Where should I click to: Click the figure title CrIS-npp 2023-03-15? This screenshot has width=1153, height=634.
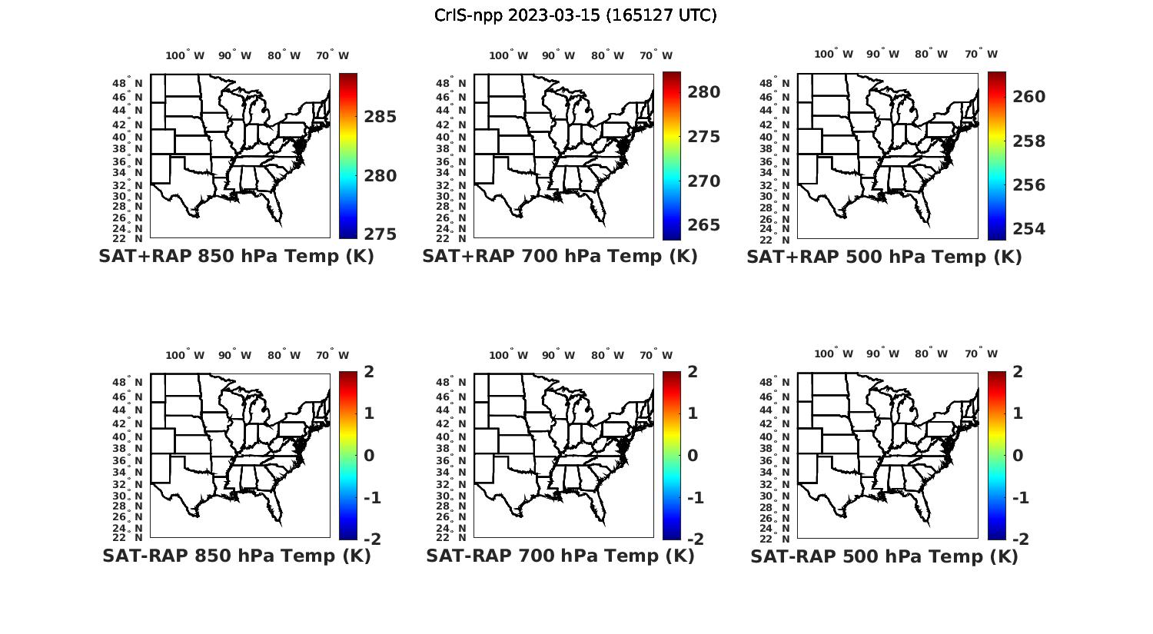pyautogui.click(x=575, y=15)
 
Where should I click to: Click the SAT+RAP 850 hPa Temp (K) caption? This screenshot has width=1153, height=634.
pyautogui.click(x=236, y=257)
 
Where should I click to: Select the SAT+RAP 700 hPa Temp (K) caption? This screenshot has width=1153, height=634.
pyautogui.click(x=560, y=257)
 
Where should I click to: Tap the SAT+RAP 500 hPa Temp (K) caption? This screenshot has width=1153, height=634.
pyautogui.click(x=884, y=257)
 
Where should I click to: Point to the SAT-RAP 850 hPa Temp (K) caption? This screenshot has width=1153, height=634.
pyautogui.click(x=236, y=556)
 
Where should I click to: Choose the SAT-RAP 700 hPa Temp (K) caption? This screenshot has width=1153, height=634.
pyautogui.click(x=560, y=556)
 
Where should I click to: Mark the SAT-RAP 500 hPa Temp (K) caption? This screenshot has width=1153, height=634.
pyautogui.click(x=884, y=556)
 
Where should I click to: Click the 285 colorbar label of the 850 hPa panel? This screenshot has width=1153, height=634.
pyautogui.click(x=380, y=117)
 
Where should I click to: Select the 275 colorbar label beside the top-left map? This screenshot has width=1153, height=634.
pyautogui.click(x=380, y=234)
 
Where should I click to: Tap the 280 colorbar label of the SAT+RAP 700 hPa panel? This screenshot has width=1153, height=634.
pyautogui.click(x=704, y=92)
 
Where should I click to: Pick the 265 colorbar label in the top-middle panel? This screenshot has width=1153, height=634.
pyautogui.click(x=704, y=225)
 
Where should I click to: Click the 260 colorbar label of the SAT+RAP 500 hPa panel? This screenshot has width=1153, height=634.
pyautogui.click(x=1028, y=97)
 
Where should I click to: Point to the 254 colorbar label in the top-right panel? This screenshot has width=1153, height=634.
pyautogui.click(x=1028, y=228)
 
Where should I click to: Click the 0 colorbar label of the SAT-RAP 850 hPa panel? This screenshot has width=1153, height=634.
pyautogui.click(x=369, y=456)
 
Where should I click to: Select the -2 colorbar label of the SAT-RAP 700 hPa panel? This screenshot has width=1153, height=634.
pyautogui.click(x=693, y=539)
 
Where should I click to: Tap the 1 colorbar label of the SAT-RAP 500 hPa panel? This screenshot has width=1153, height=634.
pyautogui.click(x=1018, y=413)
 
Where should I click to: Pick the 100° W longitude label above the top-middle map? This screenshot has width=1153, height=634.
pyautogui.click(x=508, y=55)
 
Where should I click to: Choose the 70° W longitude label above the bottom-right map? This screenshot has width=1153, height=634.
pyautogui.click(x=981, y=354)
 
